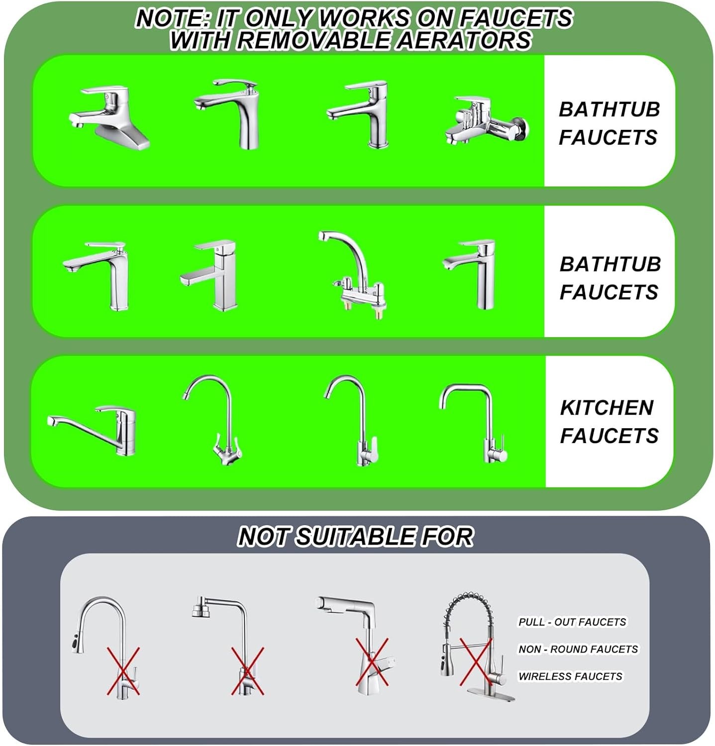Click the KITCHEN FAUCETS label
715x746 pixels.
point(609,422)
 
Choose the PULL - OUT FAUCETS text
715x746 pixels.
point(572,622)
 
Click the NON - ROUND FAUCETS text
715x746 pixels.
point(578,649)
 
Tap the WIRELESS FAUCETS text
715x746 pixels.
point(570,676)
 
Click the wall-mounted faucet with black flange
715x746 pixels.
point(487,121)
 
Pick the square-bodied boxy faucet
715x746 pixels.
point(208,276)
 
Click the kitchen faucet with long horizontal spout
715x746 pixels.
point(92,430)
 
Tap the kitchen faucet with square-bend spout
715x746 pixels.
point(473,423)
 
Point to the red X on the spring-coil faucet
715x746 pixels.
point(476,662)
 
